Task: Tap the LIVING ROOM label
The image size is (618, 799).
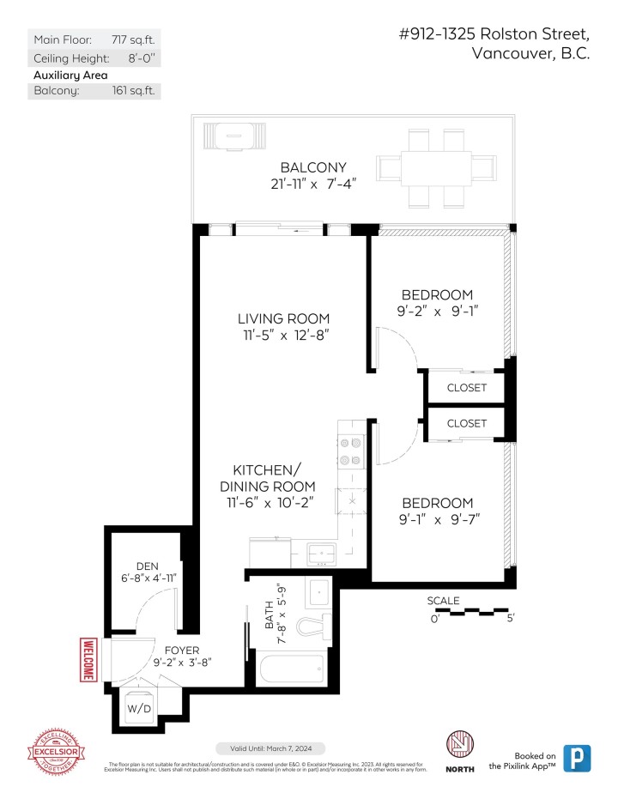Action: (283, 318)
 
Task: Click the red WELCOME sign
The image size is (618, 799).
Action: (87, 659)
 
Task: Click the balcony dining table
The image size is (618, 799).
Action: (436, 167)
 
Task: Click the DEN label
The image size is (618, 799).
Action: (148, 566)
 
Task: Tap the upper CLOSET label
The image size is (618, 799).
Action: (466, 388)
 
